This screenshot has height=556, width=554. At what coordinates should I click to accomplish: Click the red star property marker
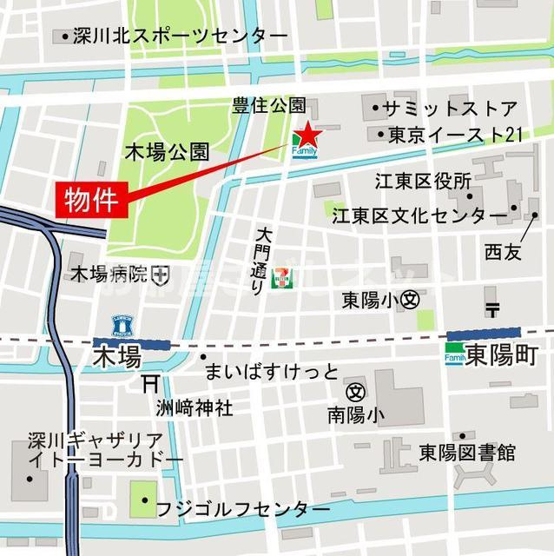point(307,136)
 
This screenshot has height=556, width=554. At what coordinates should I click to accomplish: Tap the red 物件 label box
point(92,200)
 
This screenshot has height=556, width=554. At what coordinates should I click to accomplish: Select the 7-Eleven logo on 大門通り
point(280,277)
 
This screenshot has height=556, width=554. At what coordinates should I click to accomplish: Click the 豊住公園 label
point(268,106)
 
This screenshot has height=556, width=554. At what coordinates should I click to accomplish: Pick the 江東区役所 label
point(423,182)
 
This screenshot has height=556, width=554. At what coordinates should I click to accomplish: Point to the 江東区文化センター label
point(419,215)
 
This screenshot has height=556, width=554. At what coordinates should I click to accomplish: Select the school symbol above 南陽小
point(355,392)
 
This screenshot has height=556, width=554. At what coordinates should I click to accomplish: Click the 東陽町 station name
point(502,354)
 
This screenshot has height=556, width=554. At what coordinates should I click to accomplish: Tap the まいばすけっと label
point(271,372)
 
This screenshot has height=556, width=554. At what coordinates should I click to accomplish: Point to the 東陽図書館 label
point(467,453)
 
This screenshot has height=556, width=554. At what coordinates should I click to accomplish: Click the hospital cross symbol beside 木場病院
point(160,275)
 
